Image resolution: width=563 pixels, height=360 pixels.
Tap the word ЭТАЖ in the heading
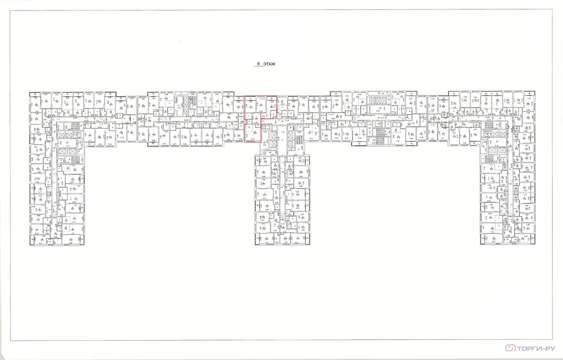(x=269, y=65)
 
